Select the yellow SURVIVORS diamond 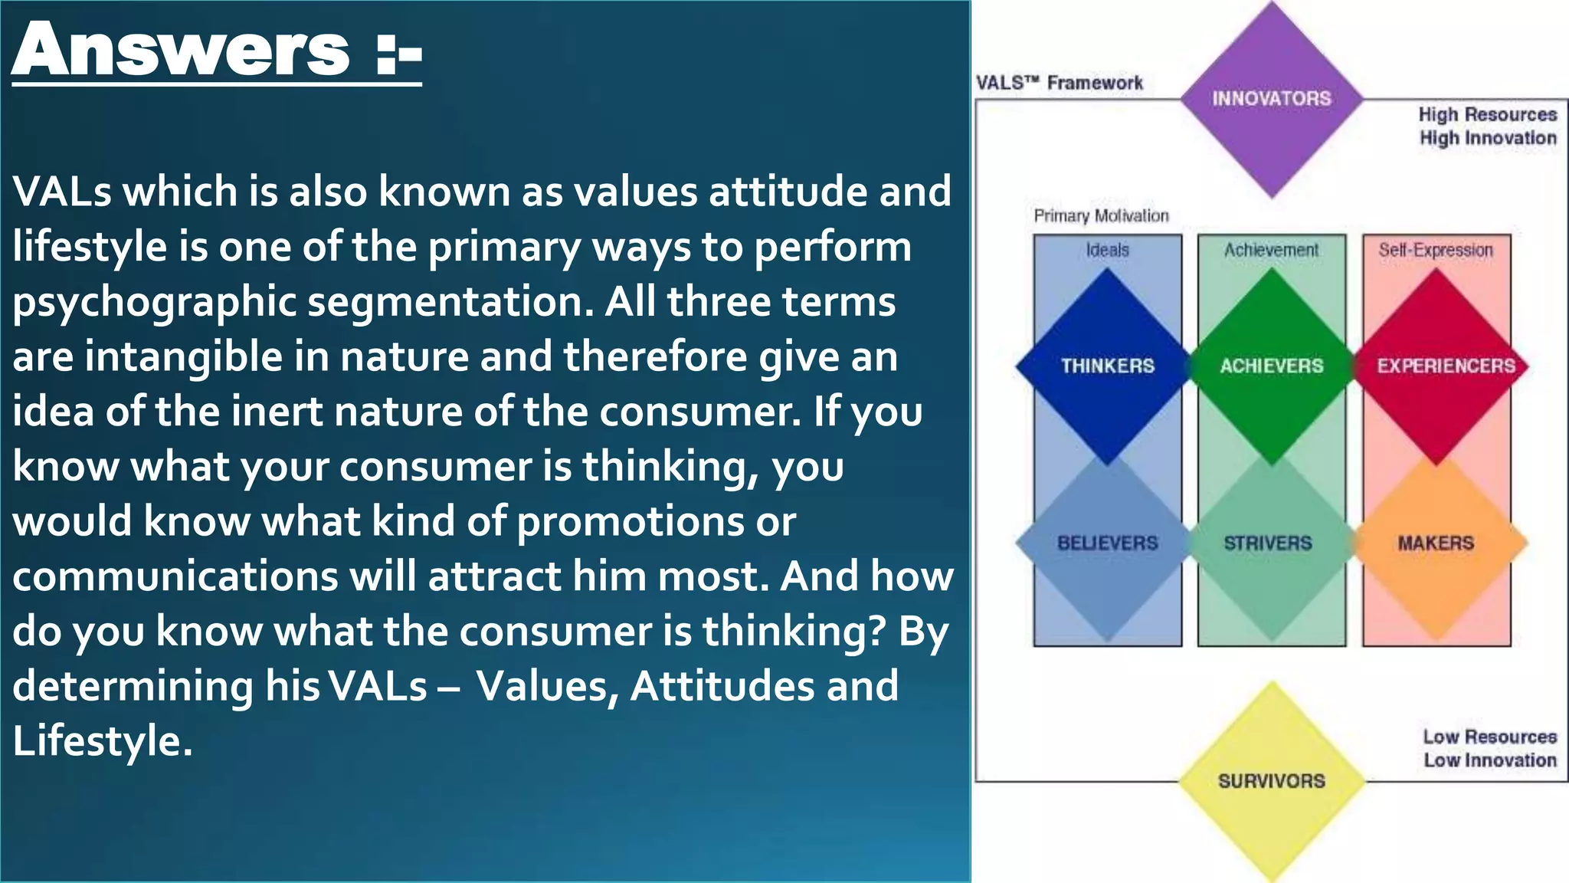click(1272, 781)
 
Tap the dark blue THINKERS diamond click(1107, 366)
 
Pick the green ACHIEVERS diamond click(1272, 366)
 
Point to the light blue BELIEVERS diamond click(1107, 543)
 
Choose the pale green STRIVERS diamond click(1269, 543)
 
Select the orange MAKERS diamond click(1436, 543)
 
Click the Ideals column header click(1107, 250)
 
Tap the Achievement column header click(1272, 250)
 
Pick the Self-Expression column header click(1436, 250)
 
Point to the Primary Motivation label click(1101, 216)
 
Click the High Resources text click(1487, 114)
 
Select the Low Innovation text click(1490, 760)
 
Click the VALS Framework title click(1059, 83)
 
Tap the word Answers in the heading click(182, 51)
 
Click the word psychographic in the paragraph click(153, 302)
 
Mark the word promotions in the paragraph click(628, 522)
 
